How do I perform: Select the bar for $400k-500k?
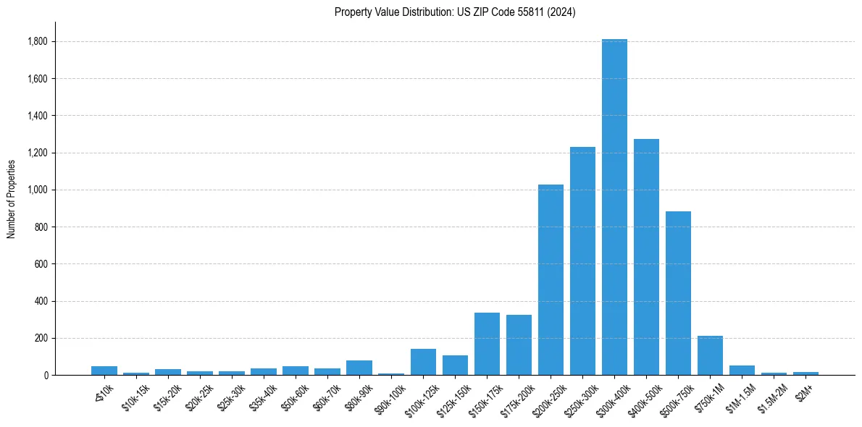tap(646, 257)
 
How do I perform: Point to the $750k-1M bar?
tap(710, 355)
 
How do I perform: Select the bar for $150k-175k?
tap(487, 344)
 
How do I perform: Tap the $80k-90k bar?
tap(359, 368)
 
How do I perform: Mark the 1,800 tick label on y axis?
tap(38, 41)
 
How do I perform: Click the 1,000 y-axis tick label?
tap(38, 190)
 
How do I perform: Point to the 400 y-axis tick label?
tap(41, 301)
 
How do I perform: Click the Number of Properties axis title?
tap(11, 198)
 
